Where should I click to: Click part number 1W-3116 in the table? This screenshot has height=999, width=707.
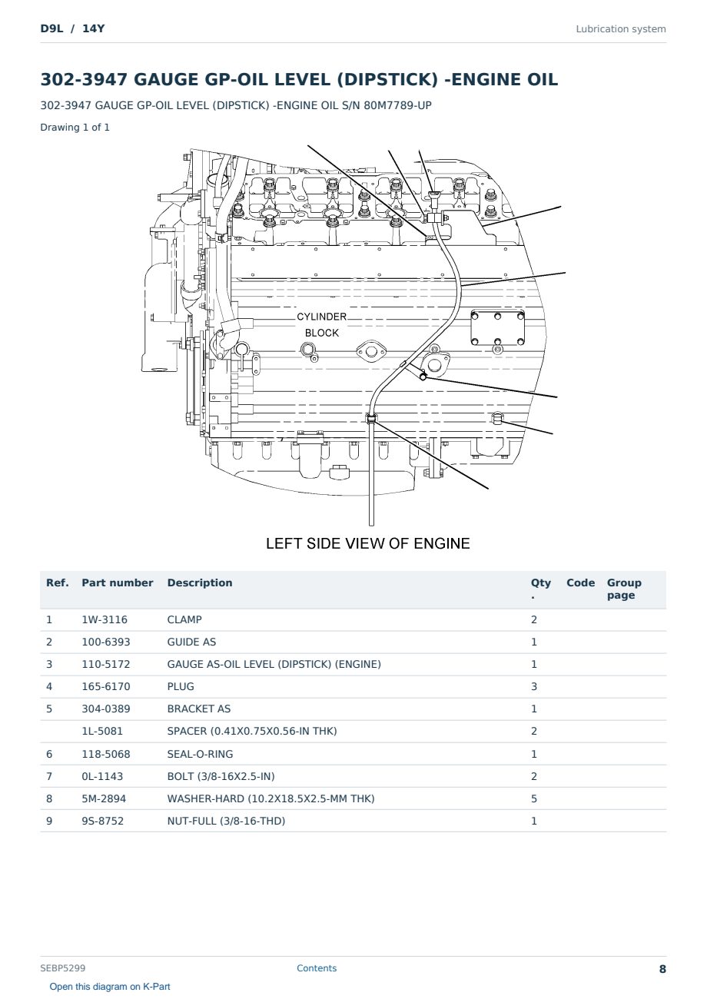[x=105, y=619]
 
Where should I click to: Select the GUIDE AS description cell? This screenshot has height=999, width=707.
[x=191, y=642]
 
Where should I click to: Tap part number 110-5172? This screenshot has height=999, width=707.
[x=106, y=664]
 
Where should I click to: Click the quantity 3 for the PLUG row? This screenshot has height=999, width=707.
[x=534, y=686]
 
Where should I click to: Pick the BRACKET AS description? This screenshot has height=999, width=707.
[x=199, y=709]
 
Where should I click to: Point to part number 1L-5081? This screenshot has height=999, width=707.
[x=102, y=731]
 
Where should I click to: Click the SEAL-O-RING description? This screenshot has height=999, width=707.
[x=200, y=754]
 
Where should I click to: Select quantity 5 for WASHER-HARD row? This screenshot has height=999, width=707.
[x=534, y=798]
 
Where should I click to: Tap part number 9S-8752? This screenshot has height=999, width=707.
[x=103, y=821]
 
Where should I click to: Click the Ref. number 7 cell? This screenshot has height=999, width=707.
[x=49, y=776]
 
